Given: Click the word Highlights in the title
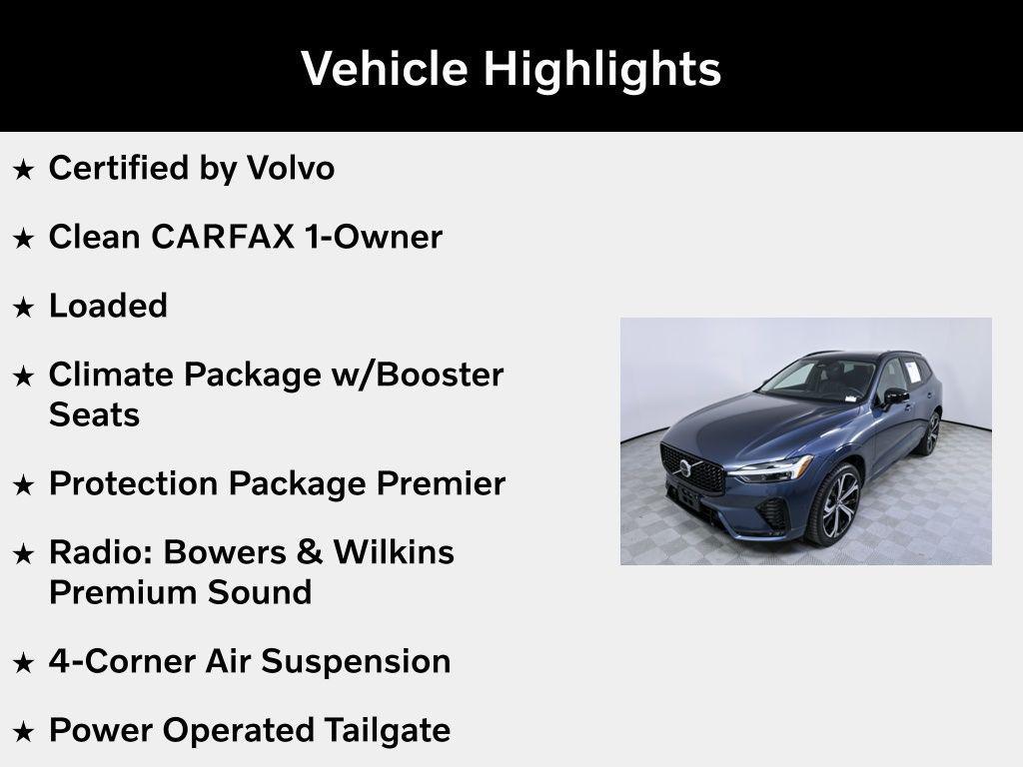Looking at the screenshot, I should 601,70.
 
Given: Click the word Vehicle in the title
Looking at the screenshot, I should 385,69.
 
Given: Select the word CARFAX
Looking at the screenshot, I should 223,237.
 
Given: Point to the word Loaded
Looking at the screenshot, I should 108,306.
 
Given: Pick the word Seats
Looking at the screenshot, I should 94,414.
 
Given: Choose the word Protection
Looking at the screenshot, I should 134,483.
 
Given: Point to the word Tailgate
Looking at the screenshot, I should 387,730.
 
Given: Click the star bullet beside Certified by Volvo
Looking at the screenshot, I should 23,170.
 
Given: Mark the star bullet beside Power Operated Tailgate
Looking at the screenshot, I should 23,732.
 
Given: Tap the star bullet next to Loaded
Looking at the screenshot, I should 23,308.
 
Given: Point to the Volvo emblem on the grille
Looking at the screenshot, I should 685,467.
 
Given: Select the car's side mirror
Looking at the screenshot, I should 895,396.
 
